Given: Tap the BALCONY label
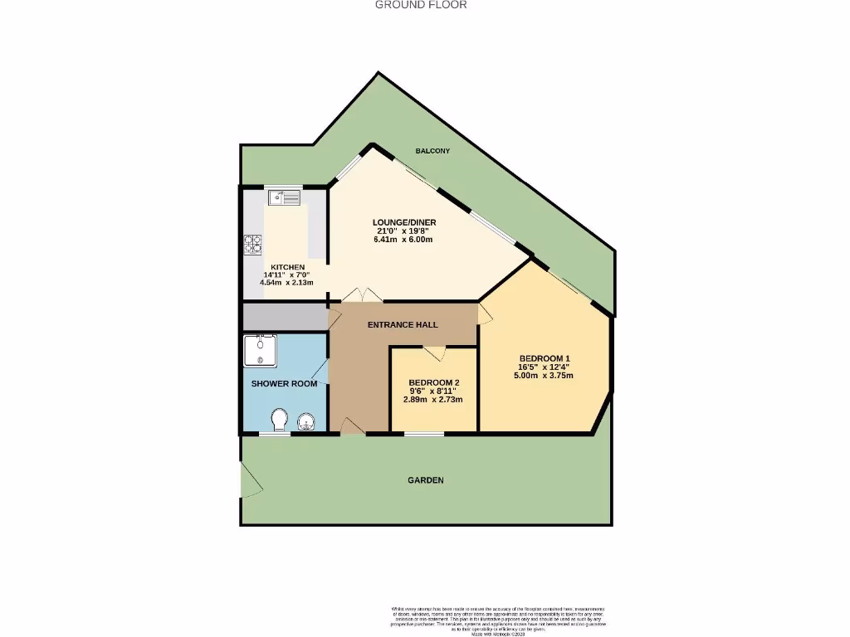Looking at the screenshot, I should coord(432,151).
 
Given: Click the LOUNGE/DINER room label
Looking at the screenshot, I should coord(403,222).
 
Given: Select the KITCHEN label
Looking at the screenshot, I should coord(282,266).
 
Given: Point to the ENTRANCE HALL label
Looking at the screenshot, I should coord(403,324).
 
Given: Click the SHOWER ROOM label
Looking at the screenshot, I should coord(285,384).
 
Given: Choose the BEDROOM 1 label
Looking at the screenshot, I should coord(544,358).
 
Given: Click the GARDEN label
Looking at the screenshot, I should coord(425,480).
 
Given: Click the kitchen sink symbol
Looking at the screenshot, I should coord(284,197).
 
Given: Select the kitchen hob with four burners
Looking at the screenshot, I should coord(253,245).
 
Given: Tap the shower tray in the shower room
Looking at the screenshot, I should coord(261,350).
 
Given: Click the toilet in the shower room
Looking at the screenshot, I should coord(280,419).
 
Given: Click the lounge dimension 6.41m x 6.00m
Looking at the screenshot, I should coord(403,240).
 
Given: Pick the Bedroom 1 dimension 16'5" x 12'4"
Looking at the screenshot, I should coord(544,367).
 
